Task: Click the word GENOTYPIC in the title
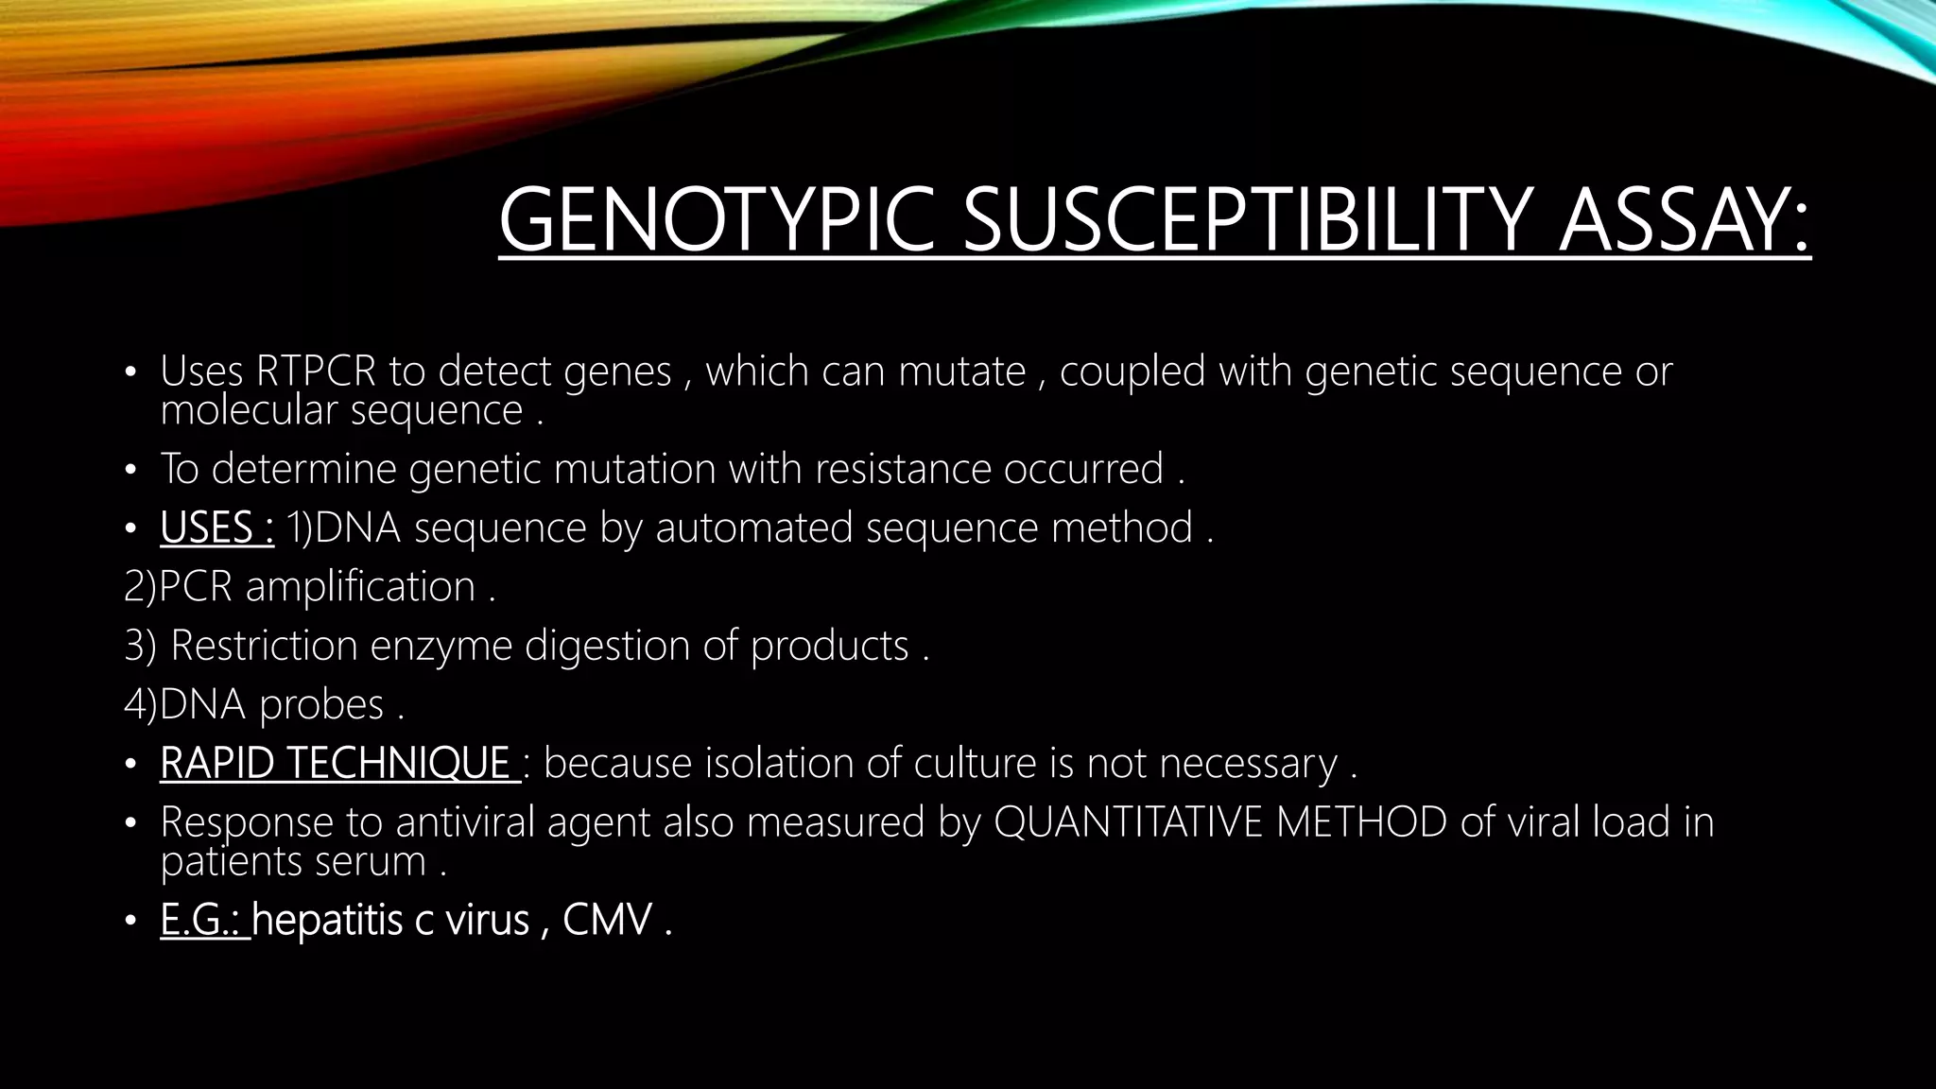coord(717,221)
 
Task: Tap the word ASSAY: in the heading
coord(1684,221)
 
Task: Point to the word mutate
coord(961,372)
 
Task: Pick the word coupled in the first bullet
coord(1132,372)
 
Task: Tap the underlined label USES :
coord(216,527)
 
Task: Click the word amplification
coord(360,587)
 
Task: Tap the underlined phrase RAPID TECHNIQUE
coord(336,763)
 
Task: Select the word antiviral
coord(469,822)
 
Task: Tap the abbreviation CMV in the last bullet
coord(607,920)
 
